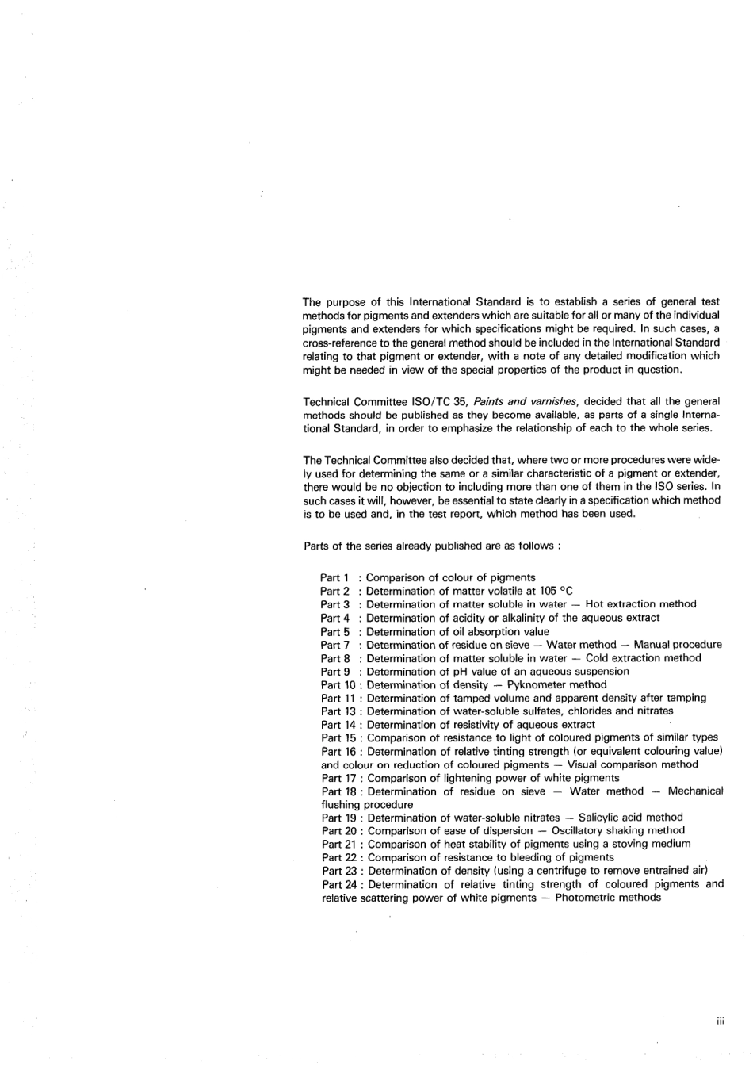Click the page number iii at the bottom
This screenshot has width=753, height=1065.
point(719,1021)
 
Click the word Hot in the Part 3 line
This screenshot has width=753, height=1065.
point(594,604)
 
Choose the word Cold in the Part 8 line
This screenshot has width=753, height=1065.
point(598,658)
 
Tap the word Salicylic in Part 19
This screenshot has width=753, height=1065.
point(602,818)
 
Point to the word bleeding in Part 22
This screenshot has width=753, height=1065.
point(522,857)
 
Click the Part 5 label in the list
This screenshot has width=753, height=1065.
point(335,632)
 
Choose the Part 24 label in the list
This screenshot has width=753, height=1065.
point(338,884)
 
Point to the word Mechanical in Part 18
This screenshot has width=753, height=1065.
point(695,791)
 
